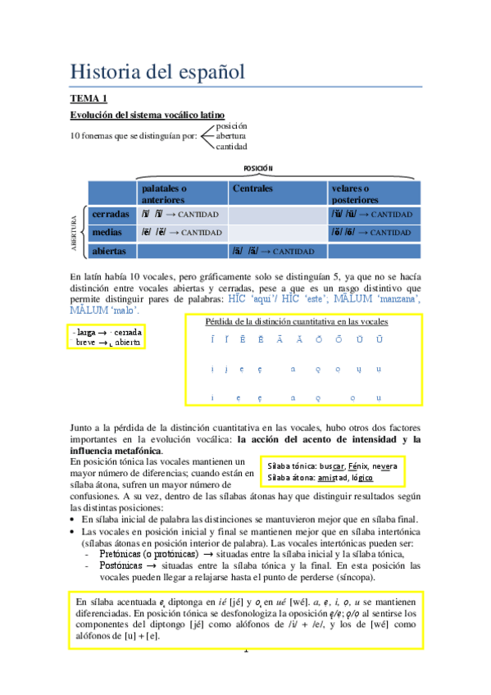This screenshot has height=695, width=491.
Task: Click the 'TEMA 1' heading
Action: pos(88,99)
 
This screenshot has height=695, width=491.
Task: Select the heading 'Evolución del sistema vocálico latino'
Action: pos(148,116)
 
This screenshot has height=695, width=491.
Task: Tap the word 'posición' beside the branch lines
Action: pos(231,125)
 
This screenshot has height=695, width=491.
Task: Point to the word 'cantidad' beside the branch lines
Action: pos(231,147)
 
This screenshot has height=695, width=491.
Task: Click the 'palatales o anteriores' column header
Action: pos(164,193)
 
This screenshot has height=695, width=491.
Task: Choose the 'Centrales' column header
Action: pos(252,189)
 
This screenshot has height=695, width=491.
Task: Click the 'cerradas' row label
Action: pos(111,214)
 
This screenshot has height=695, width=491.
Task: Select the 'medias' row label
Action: pos(107,233)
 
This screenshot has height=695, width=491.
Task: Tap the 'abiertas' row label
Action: pos(109,251)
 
